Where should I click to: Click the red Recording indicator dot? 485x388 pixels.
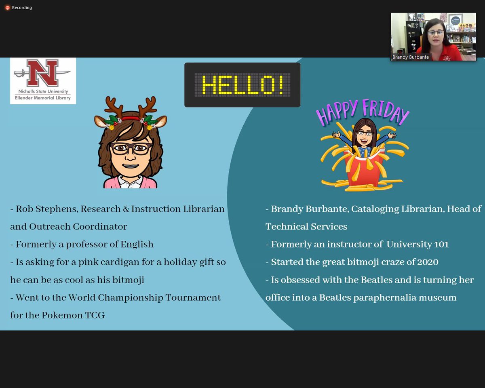[x=7, y=8]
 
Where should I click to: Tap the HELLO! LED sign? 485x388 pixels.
[x=242, y=85]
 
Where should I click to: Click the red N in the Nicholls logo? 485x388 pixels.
[x=43, y=73]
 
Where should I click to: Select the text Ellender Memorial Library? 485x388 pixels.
[x=43, y=98]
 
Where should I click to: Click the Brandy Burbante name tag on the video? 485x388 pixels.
[x=411, y=57]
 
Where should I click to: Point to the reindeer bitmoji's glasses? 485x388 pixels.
[x=131, y=149]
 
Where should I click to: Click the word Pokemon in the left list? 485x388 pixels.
[x=61, y=315]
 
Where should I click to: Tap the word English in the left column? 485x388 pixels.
[x=136, y=245]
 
